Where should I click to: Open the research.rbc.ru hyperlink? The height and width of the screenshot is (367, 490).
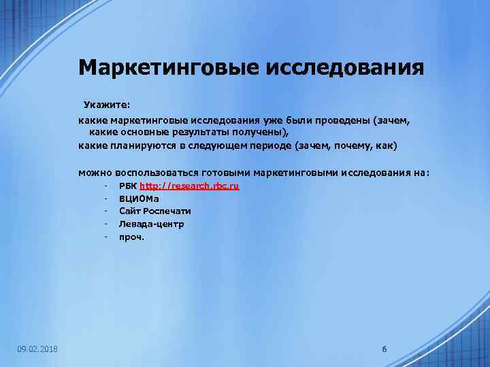[189, 186]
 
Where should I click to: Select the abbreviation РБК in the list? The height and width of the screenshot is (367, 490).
[127, 186]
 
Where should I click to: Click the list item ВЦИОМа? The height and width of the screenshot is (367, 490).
[138, 198]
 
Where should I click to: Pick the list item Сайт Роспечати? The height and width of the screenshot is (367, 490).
[154, 211]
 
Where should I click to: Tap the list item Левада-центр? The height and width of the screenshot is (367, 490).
[151, 224]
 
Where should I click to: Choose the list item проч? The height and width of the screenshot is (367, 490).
[131, 237]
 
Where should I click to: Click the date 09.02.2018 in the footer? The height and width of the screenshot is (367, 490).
[37, 349]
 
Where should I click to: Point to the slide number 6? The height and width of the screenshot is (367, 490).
[385, 349]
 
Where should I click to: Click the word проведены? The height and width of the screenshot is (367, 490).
[336, 120]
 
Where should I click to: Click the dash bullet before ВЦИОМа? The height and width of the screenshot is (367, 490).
[107, 198]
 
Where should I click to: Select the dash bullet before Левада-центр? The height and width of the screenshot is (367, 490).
[107, 224]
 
